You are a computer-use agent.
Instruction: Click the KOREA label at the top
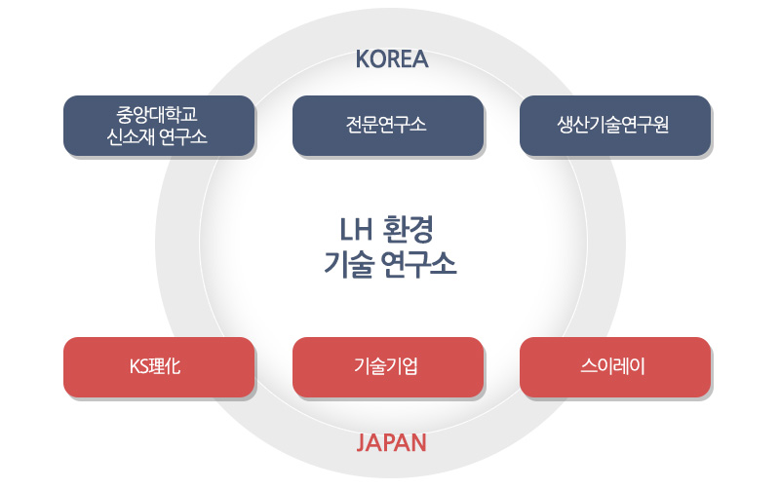pos(392,59)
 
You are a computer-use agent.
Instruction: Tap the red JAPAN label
pos(392,442)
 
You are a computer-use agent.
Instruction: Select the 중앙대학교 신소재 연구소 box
pos(159,126)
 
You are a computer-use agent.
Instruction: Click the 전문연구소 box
pos(388,126)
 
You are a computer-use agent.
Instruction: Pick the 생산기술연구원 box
pos(615,126)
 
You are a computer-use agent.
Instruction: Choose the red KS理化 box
pos(159,367)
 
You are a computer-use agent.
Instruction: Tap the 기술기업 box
pos(388,367)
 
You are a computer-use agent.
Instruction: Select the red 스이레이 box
pos(615,367)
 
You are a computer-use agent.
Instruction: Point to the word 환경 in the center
pos(409,230)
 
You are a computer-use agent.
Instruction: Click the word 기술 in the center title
pos(348,264)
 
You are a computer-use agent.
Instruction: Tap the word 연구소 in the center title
pos(418,264)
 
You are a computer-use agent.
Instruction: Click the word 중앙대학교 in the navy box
pos(157,114)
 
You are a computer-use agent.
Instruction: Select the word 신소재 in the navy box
pos(131,136)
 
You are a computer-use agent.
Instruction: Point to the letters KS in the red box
pos(138,366)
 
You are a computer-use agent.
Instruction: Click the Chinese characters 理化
pos(164,366)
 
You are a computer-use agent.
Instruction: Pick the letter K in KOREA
pos(362,59)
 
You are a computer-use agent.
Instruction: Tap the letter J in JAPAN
pos(361,443)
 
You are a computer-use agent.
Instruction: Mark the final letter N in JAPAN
pos(419,442)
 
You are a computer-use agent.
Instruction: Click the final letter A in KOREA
pos(420,59)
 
